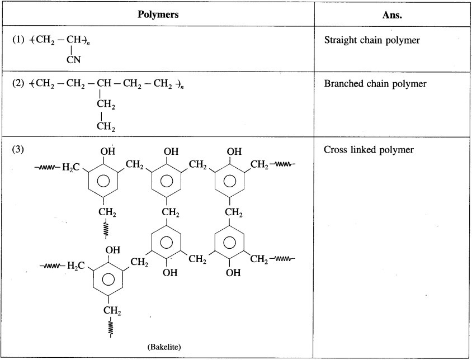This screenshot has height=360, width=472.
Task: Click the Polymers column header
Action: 158,15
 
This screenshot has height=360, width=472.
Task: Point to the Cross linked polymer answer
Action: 361,151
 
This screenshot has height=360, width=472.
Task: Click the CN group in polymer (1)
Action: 73,61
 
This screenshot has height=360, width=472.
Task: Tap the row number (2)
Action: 19,84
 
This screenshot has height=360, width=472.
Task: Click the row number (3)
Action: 19,150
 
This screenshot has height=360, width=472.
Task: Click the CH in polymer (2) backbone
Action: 103,84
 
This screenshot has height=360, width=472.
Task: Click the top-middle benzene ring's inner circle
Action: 167,181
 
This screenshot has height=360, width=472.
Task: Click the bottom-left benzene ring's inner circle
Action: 108,278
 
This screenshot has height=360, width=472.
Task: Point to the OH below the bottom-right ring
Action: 234,273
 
